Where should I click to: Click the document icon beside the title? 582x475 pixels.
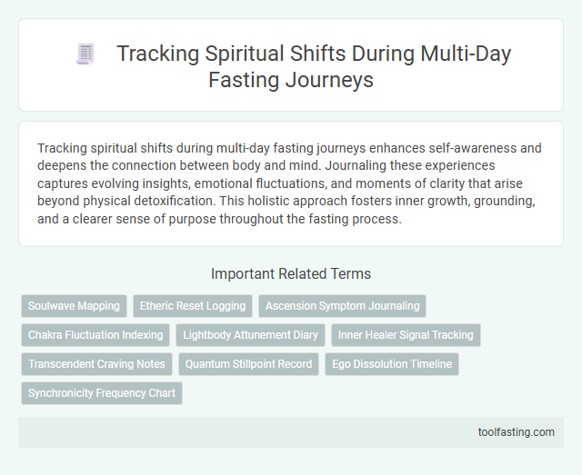pos(85,55)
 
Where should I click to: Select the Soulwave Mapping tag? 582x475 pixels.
pos(74,306)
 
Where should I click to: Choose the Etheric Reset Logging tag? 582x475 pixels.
pos(192,306)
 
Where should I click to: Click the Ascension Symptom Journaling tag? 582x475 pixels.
pos(342,306)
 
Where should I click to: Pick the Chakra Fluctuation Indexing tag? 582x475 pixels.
pos(95,335)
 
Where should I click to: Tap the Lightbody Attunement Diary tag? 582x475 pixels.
pos(250,335)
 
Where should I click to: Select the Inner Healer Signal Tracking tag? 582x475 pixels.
pos(406,335)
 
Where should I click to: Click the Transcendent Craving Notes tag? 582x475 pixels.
pos(96,364)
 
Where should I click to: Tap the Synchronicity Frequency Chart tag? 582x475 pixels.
pos(102,393)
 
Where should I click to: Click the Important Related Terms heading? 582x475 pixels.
pos(291,273)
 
